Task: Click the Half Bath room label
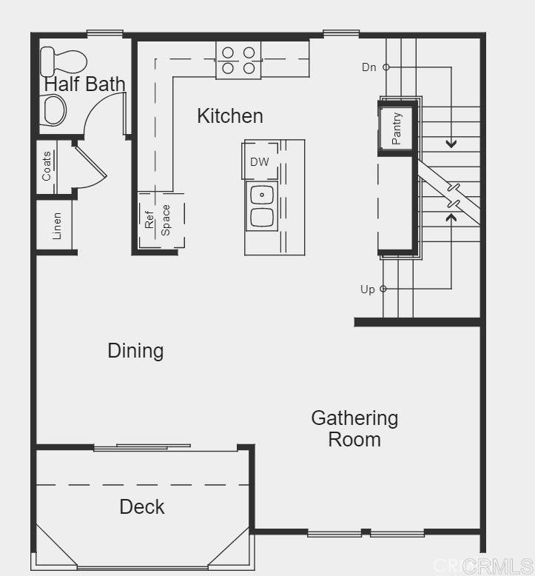coord(85,84)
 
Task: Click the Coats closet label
coord(47,167)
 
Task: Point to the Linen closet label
coord(57,226)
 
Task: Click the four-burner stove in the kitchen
coord(238,60)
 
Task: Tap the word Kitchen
coord(229,115)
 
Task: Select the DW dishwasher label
coord(259,162)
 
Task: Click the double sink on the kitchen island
coord(262,207)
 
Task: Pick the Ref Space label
coord(158,219)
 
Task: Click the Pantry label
coord(397,128)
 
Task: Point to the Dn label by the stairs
coord(369,67)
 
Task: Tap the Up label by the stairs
coord(368,289)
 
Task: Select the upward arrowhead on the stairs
coord(451,218)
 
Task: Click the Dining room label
coord(135,350)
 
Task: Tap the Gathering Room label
coord(354,429)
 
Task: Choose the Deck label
coord(142,506)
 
